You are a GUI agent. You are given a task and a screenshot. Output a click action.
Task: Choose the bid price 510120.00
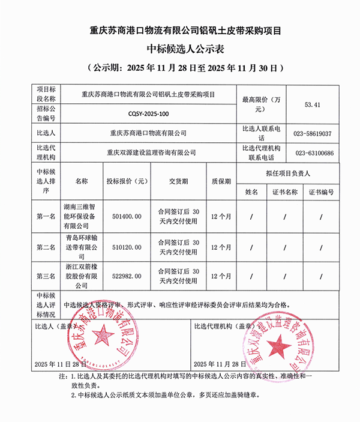tap(127, 247)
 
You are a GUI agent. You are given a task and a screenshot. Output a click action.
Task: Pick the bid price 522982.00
tap(127, 276)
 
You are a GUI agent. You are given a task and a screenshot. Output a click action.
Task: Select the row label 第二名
tap(46, 247)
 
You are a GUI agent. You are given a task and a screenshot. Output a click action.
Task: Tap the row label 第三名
tap(46, 276)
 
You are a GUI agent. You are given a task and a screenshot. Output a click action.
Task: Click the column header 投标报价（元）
tap(127, 181)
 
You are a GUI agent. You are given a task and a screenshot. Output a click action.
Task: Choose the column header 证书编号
tap(321, 192)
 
